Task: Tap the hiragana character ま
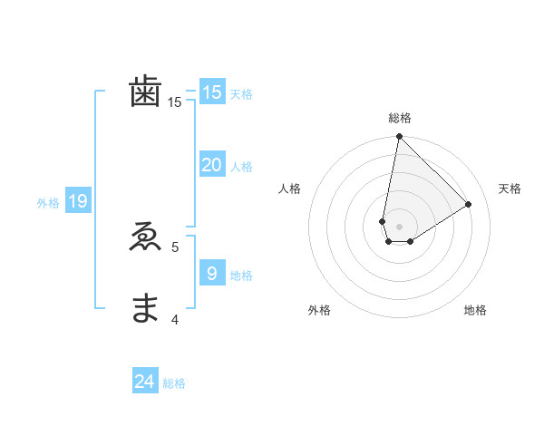[x=145, y=308]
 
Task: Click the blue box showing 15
[x=211, y=92]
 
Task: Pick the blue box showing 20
[x=211, y=165]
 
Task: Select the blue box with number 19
[x=77, y=201]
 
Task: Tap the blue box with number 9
[x=211, y=273]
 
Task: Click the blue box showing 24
[x=145, y=382]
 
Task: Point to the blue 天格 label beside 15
[x=241, y=94]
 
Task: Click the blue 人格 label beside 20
[x=241, y=167]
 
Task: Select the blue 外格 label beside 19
[x=48, y=203]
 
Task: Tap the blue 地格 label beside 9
[x=241, y=275]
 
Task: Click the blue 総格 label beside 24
[x=174, y=383]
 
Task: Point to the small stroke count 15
[x=174, y=103]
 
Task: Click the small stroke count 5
[x=175, y=247]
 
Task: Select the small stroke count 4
[x=175, y=318]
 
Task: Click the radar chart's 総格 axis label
[x=400, y=118]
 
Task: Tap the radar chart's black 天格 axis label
[x=510, y=189]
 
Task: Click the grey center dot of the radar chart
[x=399, y=226]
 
